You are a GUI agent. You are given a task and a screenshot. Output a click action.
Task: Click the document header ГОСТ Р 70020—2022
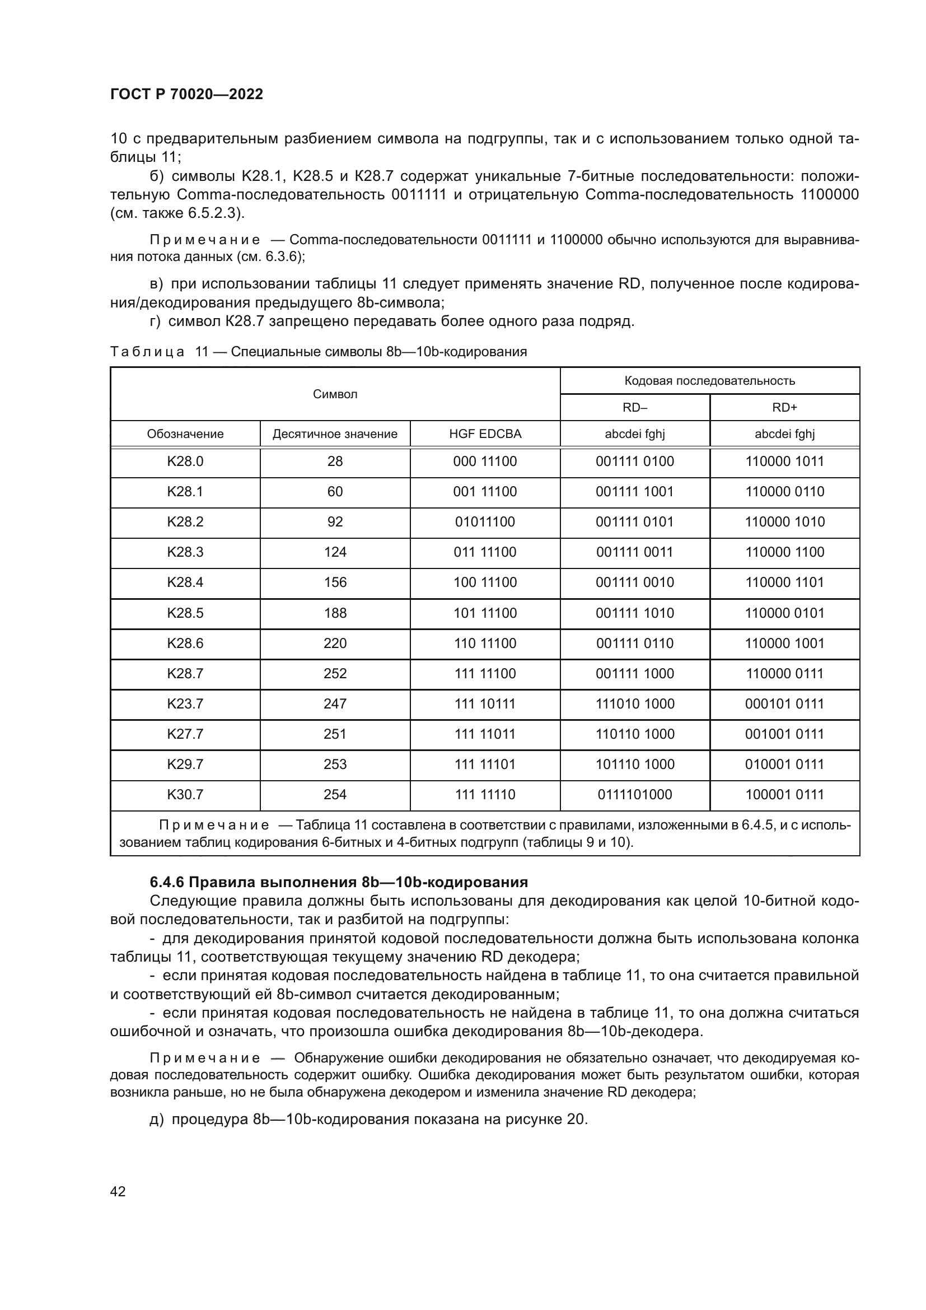(x=186, y=95)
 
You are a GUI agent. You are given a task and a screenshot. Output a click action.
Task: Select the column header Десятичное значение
(x=335, y=433)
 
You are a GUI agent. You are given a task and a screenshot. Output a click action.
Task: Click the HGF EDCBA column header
(x=485, y=433)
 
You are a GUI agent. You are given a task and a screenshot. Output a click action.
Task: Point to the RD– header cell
(x=635, y=407)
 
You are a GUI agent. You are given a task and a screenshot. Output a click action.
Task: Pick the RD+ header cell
(x=784, y=407)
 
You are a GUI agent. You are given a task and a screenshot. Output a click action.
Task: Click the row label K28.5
(x=185, y=613)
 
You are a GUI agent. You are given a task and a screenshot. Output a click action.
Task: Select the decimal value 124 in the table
(x=335, y=552)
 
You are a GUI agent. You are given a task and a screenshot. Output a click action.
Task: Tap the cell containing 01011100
(x=485, y=521)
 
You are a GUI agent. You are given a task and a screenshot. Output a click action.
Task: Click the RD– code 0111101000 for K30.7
(x=635, y=794)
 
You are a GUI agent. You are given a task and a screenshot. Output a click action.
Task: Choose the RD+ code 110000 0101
(x=784, y=613)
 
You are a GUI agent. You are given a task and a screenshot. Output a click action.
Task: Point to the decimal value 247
(x=335, y=703)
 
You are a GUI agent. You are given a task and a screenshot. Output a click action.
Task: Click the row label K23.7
(x=185, y=703)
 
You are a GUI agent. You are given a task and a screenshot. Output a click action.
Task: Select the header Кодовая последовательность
(x=709, y=380)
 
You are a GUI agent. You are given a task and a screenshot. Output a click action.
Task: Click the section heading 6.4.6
(x=339, y=882)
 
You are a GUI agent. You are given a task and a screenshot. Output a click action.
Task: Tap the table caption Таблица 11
(x=318, y=352)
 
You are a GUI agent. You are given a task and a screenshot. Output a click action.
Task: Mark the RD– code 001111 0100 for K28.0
(x=635, y=461)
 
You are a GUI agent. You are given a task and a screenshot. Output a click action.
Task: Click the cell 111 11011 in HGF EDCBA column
(x=485, y=734)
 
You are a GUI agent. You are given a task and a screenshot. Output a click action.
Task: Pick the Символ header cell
(x=335, y=394)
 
